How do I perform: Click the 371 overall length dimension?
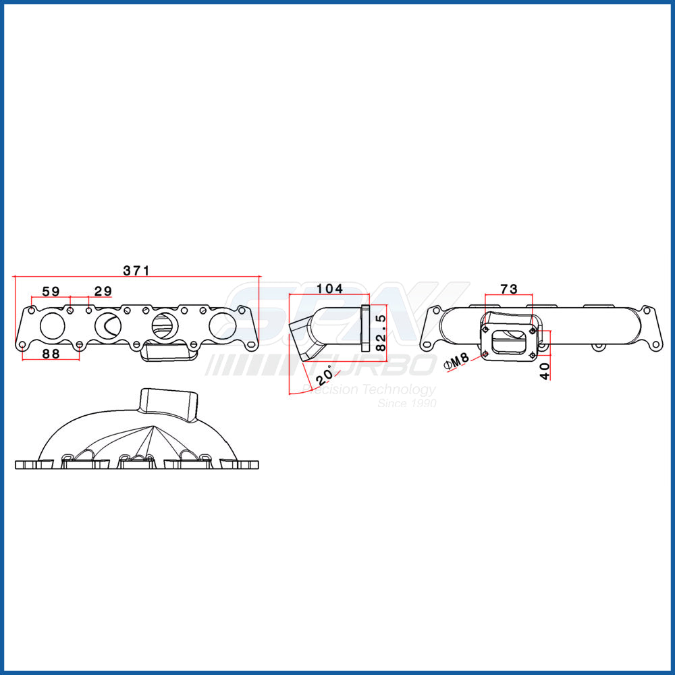click(136, 270)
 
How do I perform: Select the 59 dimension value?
click(51, 292)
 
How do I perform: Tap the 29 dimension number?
click(103, 292)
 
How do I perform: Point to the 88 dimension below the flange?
click(51, 353)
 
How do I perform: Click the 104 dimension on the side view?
click(329, 289)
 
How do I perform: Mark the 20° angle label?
click(324, 374)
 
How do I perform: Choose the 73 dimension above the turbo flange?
click(509, 289)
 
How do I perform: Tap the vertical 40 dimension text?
click(545, 370)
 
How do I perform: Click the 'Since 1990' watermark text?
click(406, 403)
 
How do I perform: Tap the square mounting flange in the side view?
click(366, 329)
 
